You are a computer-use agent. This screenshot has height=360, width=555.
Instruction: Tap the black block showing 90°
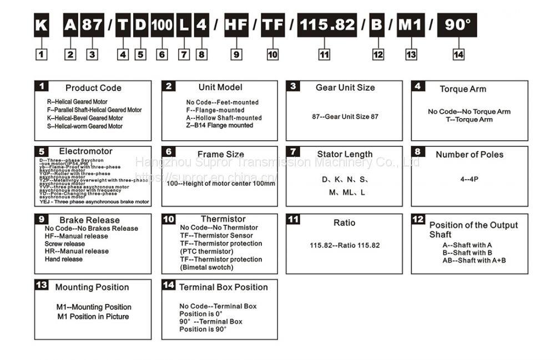pyautogui.click(x=457, y=26)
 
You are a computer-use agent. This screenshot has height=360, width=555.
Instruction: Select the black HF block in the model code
pyautogui.click(x=236, y=26)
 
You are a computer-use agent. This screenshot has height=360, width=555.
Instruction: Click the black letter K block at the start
pyautogui.click(x=41, y=26)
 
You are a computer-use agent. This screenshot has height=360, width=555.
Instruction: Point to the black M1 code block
pyautogui.click(x=411, y=26)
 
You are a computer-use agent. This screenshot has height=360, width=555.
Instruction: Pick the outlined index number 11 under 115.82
pyautogui.click(x=324, y=54)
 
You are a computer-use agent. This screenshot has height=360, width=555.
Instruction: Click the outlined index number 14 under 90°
pyautogui.click(x=458, y=54)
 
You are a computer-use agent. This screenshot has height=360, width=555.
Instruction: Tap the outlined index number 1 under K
pyautogui.click(x=41, y=54)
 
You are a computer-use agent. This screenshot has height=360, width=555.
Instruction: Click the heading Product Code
pyautogui.click(x=93, y=88)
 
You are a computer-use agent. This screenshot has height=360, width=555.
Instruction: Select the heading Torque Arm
pyautogui.click(x=463, y=89)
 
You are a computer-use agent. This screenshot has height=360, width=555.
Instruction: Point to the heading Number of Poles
pyautogui.click(x=470, y=155)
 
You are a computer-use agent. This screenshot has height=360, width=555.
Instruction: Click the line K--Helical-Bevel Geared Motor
pyautogui.click(x=85, y=118)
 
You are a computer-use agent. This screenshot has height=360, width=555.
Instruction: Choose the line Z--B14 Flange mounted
pyautogui.click(x=219, y=125)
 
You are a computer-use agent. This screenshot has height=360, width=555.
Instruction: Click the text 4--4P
pyautogui.click(x=469, y=180)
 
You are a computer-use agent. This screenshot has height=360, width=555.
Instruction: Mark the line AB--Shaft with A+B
pyautogui.click(x=474, y=260)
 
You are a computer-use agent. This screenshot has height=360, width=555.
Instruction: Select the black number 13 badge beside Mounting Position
pyautogui.click(x=41, y=286)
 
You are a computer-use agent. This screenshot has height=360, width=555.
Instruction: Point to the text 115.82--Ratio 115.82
pyautogui.click(x=345, y=245)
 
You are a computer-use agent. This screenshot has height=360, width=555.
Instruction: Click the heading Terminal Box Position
pyautogui.click(x=223, y=287)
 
